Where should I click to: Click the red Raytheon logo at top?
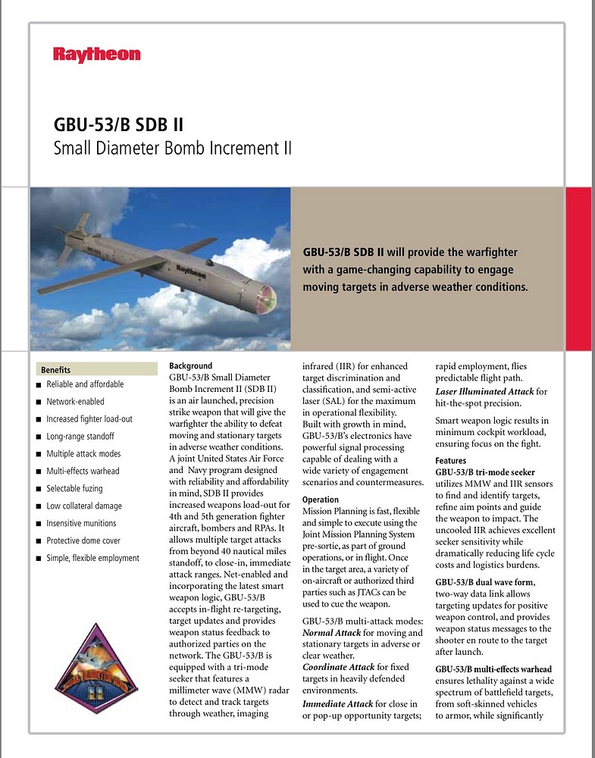pos(96,55)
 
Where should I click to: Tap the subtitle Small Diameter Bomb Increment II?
pos(172,148)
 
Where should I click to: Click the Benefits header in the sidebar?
pos(56,370)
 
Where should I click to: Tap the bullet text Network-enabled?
pos(75,402)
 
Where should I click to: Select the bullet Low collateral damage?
pos(84,506)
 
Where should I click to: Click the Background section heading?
pos(190,366)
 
